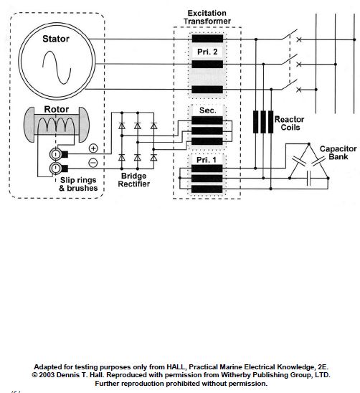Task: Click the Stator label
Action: (x=56, y=39)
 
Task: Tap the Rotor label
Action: (x=56, y=109)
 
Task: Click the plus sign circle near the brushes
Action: (x=93, y=148)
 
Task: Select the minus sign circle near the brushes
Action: (x=93, y=164)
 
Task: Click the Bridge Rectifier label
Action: (x=134, y=180)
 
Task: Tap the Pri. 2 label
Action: (x=207, y=52)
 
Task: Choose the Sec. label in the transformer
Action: (x=207, y=110)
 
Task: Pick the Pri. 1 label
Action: (x=206, y=160)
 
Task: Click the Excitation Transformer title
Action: (x=207, y=17)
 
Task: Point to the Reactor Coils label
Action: (x=290, y=123)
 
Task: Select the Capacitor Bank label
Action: (x=338, y=153)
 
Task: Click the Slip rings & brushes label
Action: (x=78, y=184)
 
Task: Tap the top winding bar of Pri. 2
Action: (x=207, y=39)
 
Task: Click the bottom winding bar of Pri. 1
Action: (x=207, y=189)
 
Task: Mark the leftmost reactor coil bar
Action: (x=255, y=122)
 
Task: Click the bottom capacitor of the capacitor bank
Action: (x=308, y=178)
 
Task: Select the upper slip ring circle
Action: (x=56, y=154)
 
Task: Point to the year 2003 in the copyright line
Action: (x=47, y=375)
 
